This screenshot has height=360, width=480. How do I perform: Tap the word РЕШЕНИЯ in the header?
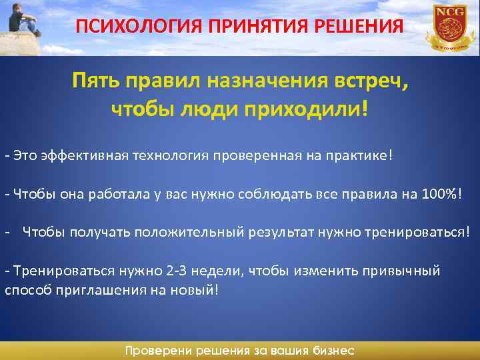tap(366, 27)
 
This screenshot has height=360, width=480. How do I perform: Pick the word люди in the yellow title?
tap(212, 109)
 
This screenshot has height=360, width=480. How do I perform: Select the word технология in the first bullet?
tap(176, 155)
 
